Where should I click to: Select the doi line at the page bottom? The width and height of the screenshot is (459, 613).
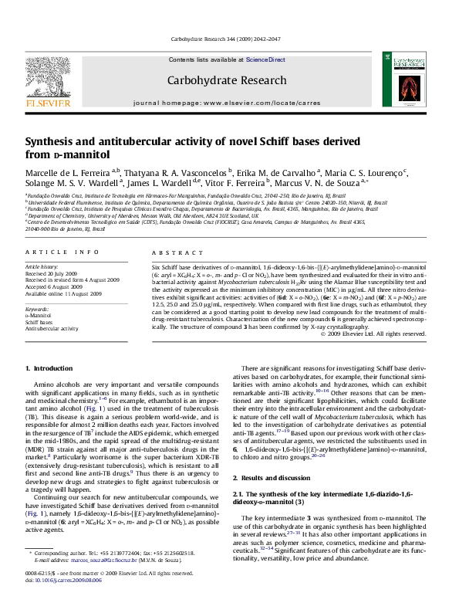(59, 597)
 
